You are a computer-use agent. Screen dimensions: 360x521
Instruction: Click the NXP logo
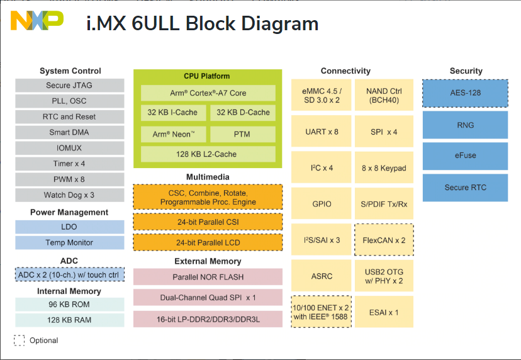coord(37,21)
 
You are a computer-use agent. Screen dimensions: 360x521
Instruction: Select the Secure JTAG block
coord(69,86)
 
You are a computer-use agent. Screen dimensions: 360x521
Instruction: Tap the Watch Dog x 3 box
coord(69,195)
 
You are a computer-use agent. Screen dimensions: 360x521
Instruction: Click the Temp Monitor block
coord(69,242)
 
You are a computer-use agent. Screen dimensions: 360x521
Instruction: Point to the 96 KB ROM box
coord(69,305)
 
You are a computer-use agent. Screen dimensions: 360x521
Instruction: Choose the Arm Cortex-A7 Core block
coord(208,93)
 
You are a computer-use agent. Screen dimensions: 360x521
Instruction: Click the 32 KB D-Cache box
coord(243,113)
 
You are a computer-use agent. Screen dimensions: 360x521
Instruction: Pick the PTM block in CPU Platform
coord(243,134)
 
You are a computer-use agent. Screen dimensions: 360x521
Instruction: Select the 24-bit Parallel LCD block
coord(208,242)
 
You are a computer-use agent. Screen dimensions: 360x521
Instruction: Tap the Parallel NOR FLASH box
coord(208,277)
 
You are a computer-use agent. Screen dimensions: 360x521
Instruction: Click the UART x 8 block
coord(321,132)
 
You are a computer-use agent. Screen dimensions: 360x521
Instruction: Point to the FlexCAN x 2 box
coord(384,240)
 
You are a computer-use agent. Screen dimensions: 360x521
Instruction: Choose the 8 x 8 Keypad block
coord(384,168)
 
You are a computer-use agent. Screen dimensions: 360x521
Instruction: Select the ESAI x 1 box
coord(384,312)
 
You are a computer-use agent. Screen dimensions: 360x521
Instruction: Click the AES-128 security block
coord(465,93)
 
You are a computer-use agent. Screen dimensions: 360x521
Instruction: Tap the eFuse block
coord(465,156)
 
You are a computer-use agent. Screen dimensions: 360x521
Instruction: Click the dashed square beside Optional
coord(20,340)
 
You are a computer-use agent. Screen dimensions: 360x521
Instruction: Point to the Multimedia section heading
coord(208,177)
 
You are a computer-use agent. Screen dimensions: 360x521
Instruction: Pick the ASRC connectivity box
coord(321,276)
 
